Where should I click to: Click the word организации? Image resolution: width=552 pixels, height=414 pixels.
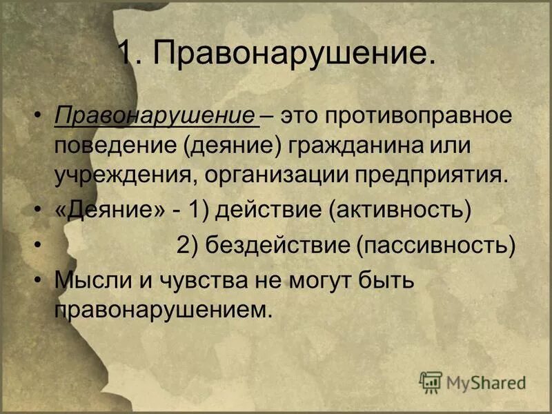[277, 175]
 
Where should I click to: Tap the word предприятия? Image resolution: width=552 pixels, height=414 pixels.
[431, 175]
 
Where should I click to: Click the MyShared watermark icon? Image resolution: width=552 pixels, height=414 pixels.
[431, 382]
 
